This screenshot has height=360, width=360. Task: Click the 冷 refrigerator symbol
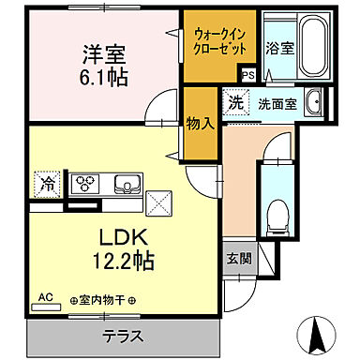pyautogui.click(x=47, y=184)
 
